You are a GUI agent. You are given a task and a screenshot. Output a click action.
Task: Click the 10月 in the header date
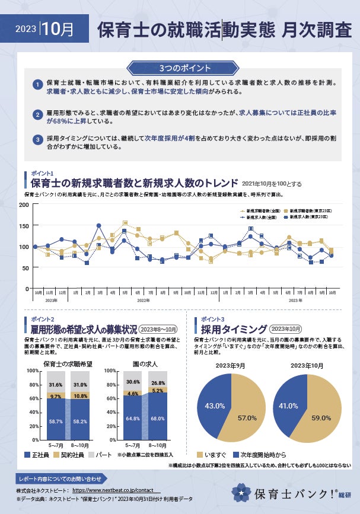59,28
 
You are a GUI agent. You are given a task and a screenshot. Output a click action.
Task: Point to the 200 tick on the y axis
24,205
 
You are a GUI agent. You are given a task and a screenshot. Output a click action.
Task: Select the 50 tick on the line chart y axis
26,267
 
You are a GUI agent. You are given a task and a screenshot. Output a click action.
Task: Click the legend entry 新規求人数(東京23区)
308,218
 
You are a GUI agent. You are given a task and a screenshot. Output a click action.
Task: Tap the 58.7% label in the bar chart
55,422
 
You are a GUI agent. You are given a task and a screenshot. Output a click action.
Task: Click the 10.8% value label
80,395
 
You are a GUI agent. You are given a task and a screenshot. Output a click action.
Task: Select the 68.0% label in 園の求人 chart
158,419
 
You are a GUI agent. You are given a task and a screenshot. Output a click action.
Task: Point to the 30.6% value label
133,382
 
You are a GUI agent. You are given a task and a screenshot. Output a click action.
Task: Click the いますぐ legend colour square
200,454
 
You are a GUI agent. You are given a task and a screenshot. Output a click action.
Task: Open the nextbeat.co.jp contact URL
116,491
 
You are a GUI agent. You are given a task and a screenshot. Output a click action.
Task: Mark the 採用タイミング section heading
232,329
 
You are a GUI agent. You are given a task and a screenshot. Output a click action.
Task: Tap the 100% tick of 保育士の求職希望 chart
31,371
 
